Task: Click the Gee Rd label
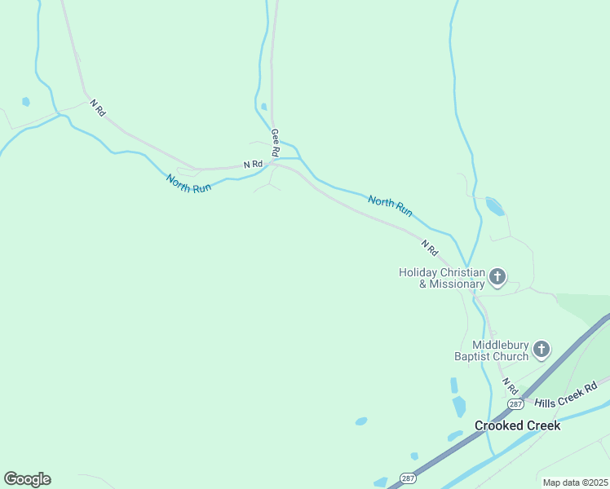[x=276, y=143]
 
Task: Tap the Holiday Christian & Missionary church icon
[x=497, y=278]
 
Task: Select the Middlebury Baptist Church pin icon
[x=541, y=350]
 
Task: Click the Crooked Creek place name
[x=518, y=425]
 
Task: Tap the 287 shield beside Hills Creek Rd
[x=515, y=403]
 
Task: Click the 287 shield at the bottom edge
[x=407, y=478]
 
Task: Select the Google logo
[x=27, y=479]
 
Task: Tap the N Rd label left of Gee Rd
[x=253, y=165]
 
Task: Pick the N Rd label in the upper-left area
[x=98, y=108]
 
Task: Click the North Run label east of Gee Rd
[x=390, y=205]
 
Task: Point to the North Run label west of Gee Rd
[x=188, y=183]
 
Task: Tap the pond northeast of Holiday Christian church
[x=494, y=206]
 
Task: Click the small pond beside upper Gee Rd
[x=263, y=106]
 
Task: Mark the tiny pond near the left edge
[x=26, y=102]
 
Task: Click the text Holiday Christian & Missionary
[x=441, y=278]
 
